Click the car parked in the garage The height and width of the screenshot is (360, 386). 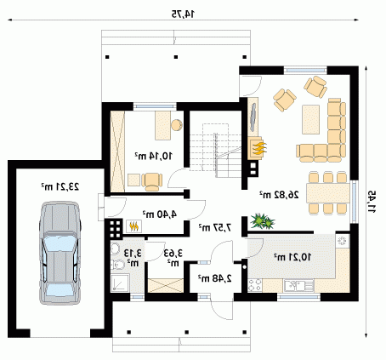60,253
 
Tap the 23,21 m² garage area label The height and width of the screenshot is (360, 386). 60,186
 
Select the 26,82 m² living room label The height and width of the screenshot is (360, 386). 279,195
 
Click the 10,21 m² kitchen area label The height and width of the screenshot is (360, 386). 292,257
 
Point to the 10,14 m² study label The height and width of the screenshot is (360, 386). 153,156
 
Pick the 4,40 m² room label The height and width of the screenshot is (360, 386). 160,214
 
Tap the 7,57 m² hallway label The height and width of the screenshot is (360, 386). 215,227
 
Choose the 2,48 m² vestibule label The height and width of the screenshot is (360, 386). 214,278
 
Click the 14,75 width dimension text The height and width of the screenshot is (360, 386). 184,14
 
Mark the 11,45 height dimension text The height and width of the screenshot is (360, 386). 372,202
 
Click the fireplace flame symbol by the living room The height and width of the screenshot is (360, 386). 258,148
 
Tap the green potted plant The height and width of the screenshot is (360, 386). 263,221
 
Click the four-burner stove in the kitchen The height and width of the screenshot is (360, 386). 255,285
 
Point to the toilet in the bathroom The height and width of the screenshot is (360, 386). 117,265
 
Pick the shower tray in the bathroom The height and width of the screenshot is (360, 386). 120,283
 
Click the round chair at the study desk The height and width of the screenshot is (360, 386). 176,125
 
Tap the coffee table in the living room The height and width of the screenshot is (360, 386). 311,119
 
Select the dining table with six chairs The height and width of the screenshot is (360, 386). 328,192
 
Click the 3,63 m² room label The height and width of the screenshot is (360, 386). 173,257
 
